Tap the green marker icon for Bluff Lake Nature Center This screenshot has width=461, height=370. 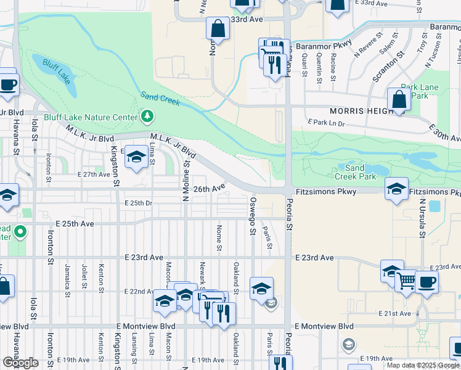(x=147, y=115)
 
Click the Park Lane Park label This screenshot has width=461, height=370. (x=419, y=91)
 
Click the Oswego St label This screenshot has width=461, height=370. (x=252, y=216)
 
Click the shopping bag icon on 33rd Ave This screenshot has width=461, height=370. (x=218, y=28)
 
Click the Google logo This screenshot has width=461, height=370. (x=21, y=363)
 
